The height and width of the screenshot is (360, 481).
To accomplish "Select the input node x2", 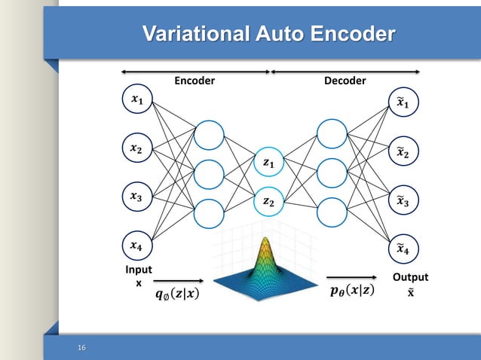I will (x=136, y=149).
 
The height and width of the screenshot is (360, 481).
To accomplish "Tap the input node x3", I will (x=136, y=197).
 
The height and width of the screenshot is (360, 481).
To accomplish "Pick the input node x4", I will (x=136, y=246).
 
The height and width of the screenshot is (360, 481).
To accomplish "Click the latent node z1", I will (x=269, y=163).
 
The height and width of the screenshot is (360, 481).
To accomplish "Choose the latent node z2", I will (x=269, y=201).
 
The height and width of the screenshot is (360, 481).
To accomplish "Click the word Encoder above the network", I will (x=195, y=81).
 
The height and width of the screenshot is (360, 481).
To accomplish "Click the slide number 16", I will (x=82, y=347).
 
